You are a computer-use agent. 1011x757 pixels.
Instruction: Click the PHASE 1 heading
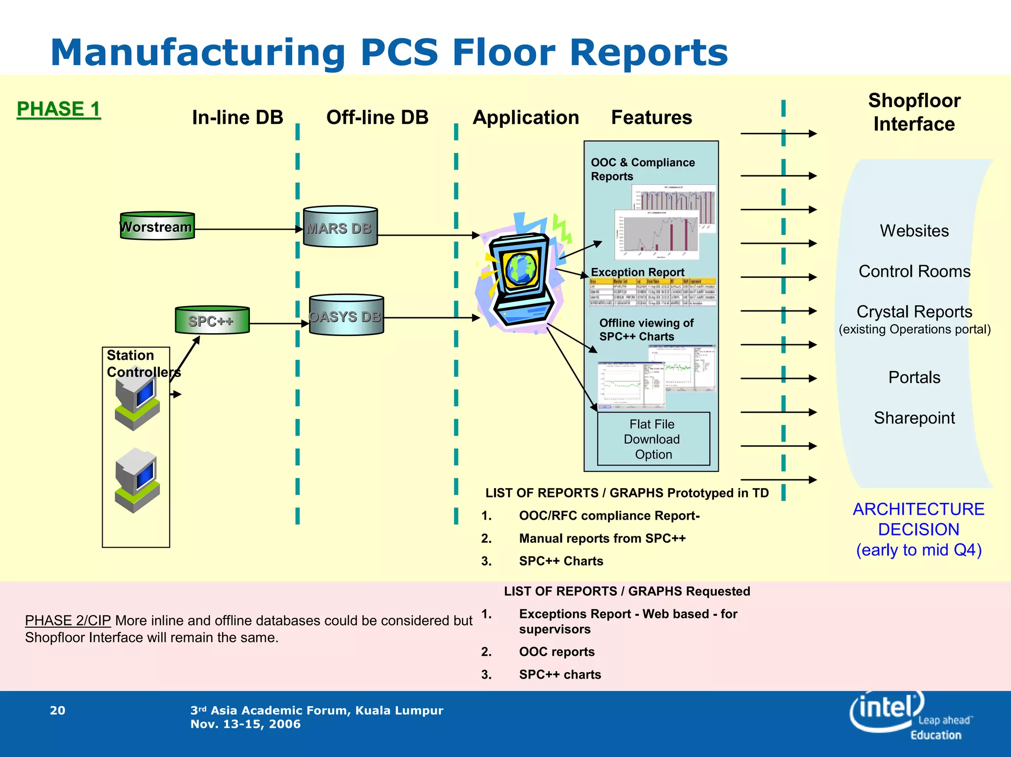[58, 109]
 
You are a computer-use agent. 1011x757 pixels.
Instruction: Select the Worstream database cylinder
[157, 227]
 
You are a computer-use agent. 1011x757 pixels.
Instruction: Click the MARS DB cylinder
[340, 227]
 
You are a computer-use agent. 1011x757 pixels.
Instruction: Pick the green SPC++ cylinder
[212, 321]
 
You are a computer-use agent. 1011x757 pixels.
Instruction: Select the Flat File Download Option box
[653, 439]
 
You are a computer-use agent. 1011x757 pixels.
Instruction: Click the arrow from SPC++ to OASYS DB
[279, 324]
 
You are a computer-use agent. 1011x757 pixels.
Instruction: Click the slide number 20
[57, 711]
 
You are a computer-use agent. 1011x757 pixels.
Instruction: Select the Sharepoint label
[914, 418]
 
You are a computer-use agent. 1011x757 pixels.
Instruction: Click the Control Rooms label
[914, 271]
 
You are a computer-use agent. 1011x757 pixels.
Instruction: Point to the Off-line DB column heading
[377, 117]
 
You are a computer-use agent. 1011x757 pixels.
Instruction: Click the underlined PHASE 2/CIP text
[68, 620]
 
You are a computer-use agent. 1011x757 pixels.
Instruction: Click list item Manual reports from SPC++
[602, 538]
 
